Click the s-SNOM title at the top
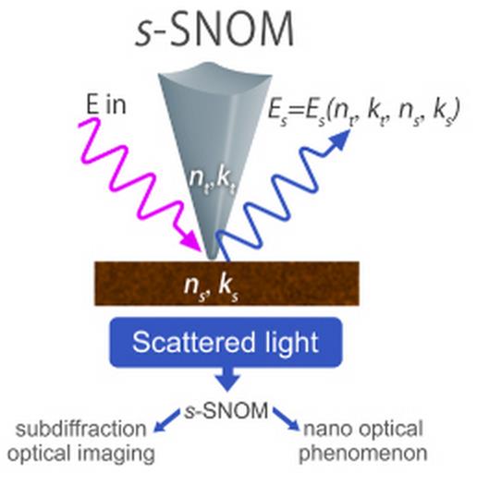coord(214,30)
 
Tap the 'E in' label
coord(106,104)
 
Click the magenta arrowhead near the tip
coord(189,241)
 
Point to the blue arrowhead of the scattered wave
coord(338,140)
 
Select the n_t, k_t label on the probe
coord(213,181)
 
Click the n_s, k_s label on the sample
coord(211,288)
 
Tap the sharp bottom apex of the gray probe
coord(212,259)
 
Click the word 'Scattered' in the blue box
coord(193,343)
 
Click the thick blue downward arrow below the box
coord(227,379)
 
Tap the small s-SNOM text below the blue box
coord(226,411)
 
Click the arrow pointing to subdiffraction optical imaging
coord(166,420)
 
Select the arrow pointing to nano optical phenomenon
coord(286,419)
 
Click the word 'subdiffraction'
coord(80,430)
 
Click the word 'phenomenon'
coord(363,454)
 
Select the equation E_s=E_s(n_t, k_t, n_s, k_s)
coord(364,112)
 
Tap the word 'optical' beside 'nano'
coord(388,430)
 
